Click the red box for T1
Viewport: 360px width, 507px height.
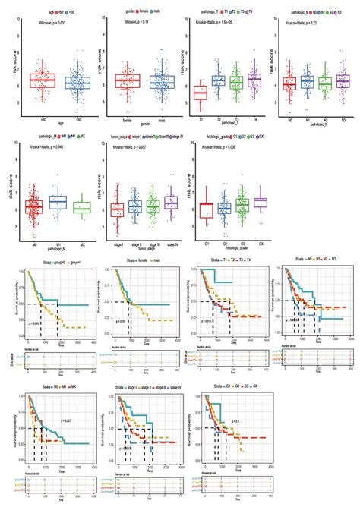tap(200, 93)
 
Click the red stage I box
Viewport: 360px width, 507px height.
tap(116, 210)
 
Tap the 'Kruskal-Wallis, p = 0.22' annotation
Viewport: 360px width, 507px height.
tap(304, 33)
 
